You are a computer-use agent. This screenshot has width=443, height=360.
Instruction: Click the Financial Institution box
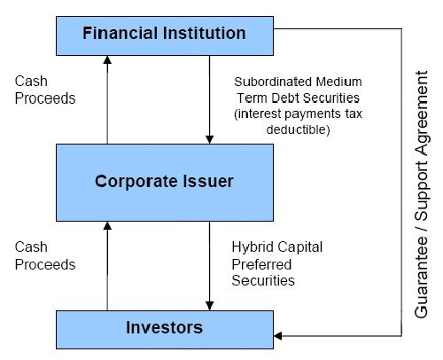[165, 35]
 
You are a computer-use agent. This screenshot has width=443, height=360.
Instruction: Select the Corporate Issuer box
[165, 183]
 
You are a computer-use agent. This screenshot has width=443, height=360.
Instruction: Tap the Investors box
[165, 330]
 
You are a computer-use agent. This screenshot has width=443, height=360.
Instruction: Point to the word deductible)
[298, 129]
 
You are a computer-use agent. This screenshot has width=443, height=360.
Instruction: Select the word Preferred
[261, 264]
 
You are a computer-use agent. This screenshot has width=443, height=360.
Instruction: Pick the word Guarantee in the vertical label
[421, 278]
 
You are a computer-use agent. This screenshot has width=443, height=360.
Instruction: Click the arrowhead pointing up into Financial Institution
[107, 60]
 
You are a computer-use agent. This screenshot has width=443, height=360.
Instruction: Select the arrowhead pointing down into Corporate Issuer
[209, 139]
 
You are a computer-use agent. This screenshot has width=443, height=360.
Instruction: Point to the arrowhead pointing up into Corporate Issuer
[107, 226]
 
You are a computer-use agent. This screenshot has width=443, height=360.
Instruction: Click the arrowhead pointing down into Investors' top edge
[209, 306]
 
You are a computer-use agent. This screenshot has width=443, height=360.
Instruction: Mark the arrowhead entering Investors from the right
[278, 336]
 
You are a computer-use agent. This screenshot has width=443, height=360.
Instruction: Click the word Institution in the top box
[204, 33]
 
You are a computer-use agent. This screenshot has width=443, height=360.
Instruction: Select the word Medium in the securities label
[338, 82]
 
